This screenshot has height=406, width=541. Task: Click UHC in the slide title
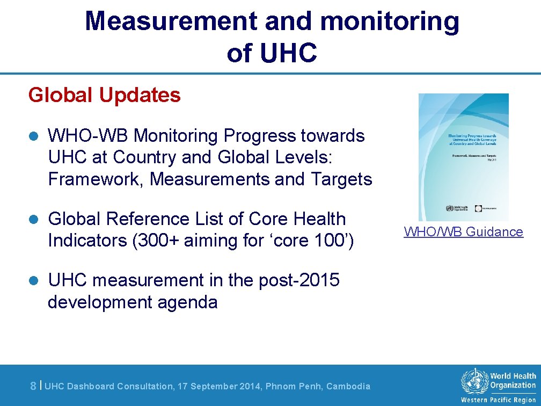[x=288, y=53]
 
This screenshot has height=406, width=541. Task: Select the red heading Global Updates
[x=105, y=95]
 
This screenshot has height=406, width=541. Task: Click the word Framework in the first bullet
[x=94, y=179]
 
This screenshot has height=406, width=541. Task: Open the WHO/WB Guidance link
[x=463, y=232]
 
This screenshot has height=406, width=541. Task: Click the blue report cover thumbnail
[x=463, y=157]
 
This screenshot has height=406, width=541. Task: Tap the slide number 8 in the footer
[x=33, y=386]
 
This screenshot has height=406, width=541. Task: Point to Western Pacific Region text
[x=498, y=400]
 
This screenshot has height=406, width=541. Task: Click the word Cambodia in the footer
[x=348, y=386]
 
